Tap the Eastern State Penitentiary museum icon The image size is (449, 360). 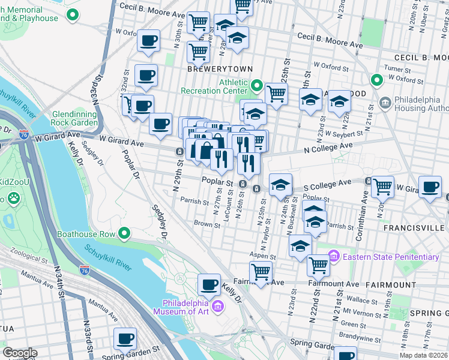[x=334, y=257]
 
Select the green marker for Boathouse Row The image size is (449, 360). [x=125, y=233]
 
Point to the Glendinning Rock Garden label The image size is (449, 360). [x=75, y=118]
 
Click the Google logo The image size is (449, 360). [x=20, y=353]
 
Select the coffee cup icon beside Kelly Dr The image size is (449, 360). [x=209, y=283]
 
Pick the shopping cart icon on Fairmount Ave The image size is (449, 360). [x=261, y=271]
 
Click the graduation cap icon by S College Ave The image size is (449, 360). [x=280, y=185]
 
